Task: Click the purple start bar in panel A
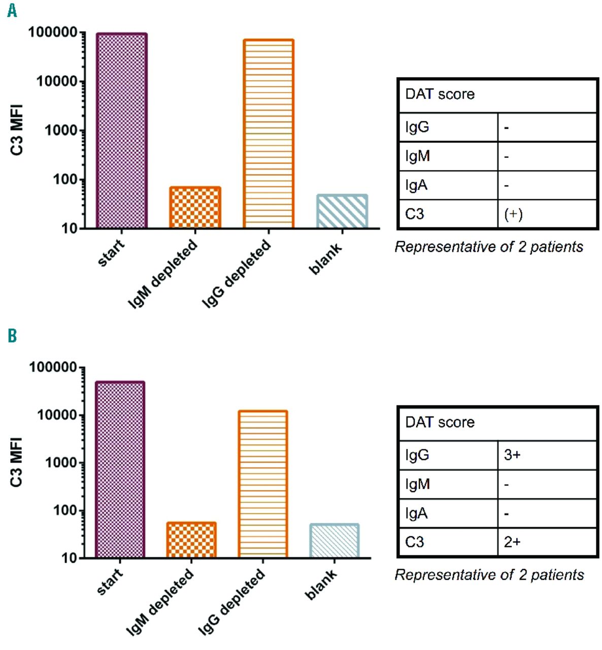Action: pyautogui.click(x=121, y=131)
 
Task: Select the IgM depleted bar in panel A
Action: pyautogui.click(x=195, y=208)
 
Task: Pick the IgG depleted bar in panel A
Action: pyautogui.click(x=269, y=134)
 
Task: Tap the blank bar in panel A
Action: pyautogui.click(x=342, y=211)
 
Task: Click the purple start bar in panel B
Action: pyautogui.click(x=120, y=470)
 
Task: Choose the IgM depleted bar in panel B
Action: pyautogui.click(x=191, y=540)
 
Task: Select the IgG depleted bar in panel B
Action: pyautogui.click(x=263, y=484)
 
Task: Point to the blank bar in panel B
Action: pyautogui.click(x=335, y=541)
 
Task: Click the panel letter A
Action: pyautogui.click(x=12, y=10)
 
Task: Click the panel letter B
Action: pyautogui.click(x=12, y=336)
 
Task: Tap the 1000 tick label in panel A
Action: pyautogui.click(x=61, y=131)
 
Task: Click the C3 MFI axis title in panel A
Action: pyautogui.click(x=17, y=129)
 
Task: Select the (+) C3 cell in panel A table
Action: pyautogui.click(x=513, y=214)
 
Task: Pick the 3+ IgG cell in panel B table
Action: pyautogui.click(x=512, y=455)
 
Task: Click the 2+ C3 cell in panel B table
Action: pyautogui.click(x=512, y=542)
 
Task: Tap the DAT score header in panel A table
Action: pyautogui.click(x=440, y=94)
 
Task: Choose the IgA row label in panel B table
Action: pyautogui.click(x=416, y=513)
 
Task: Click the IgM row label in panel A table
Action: pyautogui.click(x=417, y=156)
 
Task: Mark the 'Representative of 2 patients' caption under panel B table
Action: pyautogui.click(x=489, y=575)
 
